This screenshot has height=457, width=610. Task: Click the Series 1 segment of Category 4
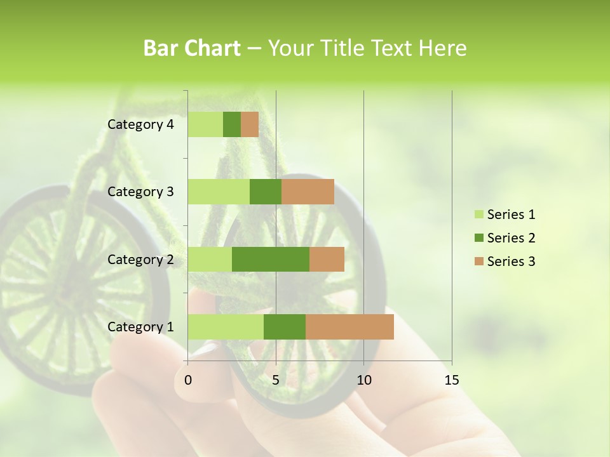205,124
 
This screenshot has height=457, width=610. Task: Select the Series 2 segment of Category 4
232,124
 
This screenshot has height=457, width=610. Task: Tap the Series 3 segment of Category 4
250,124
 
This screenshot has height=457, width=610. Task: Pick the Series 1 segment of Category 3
219,192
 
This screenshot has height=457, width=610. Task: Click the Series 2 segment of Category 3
266,192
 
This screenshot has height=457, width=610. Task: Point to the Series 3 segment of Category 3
308,192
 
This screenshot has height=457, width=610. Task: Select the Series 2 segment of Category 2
271,259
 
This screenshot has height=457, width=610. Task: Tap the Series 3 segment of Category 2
327,259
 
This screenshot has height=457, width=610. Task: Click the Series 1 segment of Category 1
226,327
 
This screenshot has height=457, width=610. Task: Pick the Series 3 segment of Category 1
349,327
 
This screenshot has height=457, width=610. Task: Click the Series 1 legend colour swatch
478,215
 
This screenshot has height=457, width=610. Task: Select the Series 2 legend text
511,238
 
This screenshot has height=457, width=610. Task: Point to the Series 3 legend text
511,262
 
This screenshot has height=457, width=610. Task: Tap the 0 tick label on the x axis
188,380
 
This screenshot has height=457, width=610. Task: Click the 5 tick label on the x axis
276,380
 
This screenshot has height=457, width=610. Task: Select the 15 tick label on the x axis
452,380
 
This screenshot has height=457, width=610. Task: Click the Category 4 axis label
140,124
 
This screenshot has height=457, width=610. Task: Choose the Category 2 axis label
140,259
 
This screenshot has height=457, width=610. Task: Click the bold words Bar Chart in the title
192,48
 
